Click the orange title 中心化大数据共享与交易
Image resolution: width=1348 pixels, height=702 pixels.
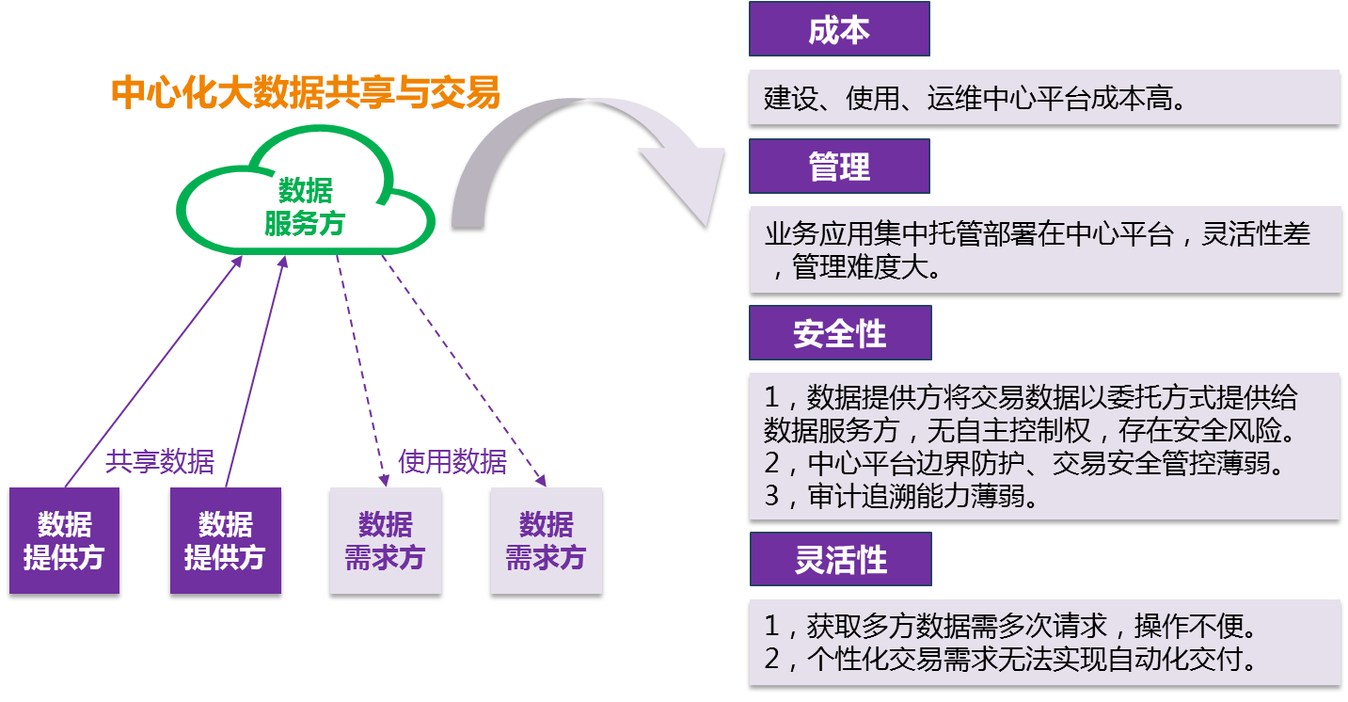pos(306,93)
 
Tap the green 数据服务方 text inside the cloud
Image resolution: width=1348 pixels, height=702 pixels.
pos(305,208)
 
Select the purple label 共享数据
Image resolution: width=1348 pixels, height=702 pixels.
pos(160,462)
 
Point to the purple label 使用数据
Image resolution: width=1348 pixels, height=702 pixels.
pos(452,462)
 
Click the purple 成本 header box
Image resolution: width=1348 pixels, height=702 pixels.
pos(839,30)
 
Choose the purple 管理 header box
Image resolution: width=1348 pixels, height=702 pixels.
pos(839,167)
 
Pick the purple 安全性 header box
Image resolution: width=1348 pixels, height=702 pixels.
pos(840,333)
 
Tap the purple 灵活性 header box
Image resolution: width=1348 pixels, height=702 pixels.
pos(840,560)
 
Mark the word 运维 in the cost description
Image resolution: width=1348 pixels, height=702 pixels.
pos(953,98)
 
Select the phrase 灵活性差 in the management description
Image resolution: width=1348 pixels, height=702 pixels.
pos(1256,235)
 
